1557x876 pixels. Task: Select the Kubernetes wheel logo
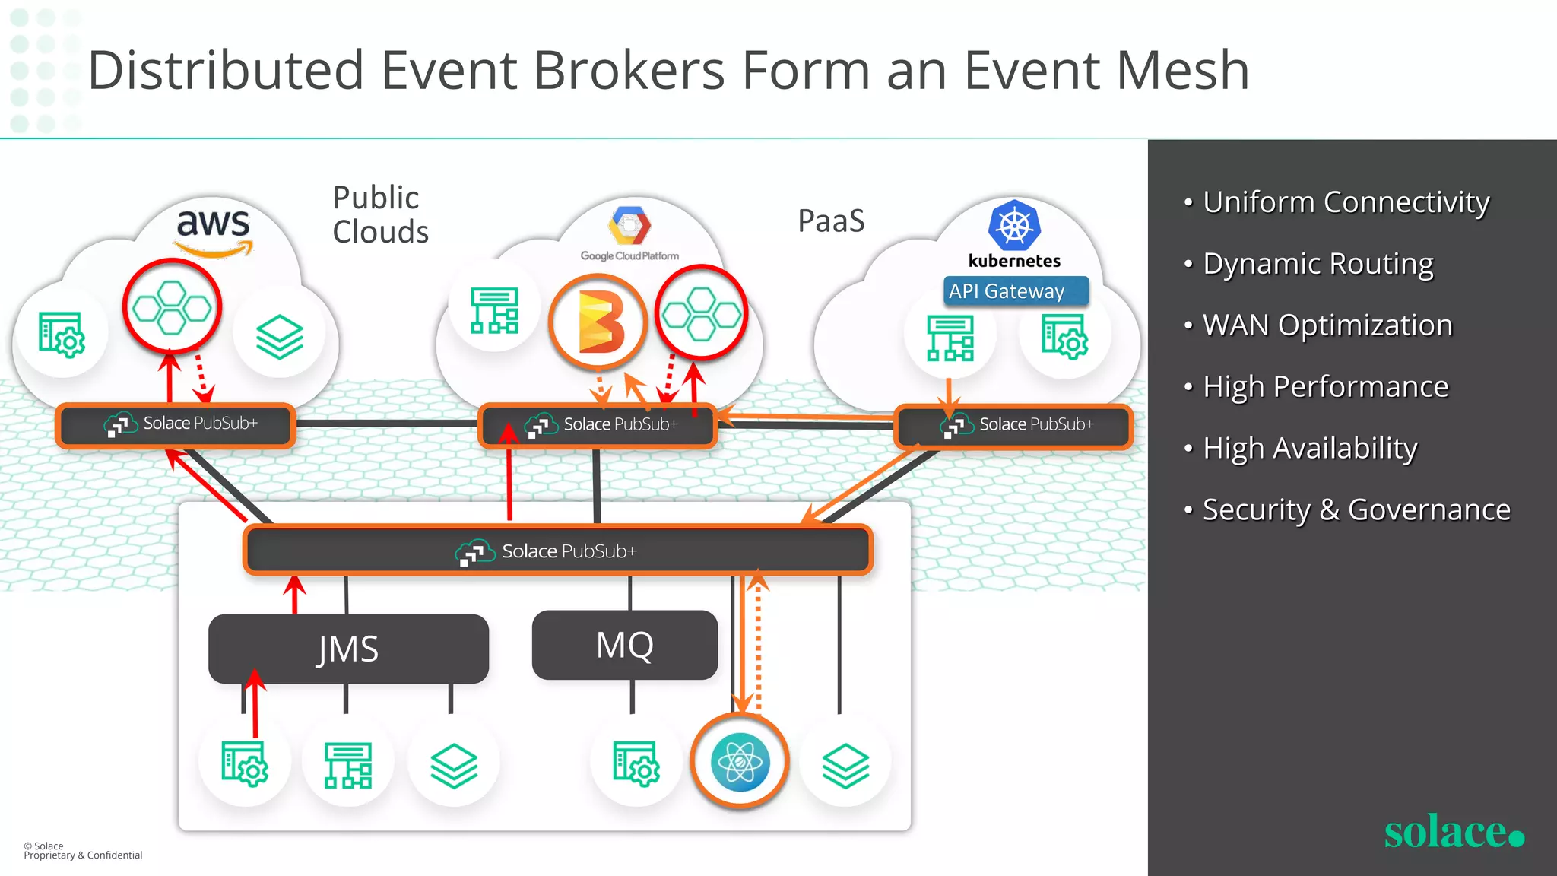click(1014, 226)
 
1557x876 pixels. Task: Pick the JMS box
click(348, 649)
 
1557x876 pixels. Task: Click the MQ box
click(624, 645)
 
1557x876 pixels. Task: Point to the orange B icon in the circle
click(598, 322)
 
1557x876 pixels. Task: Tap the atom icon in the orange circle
click(740, 761)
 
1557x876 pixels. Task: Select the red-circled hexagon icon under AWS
click(172, 306)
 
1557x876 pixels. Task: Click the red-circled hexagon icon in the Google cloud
click(701, 313)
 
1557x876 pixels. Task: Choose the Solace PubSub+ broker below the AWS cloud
click(175, 424)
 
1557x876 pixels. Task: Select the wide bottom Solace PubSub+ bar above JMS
click(557, 551)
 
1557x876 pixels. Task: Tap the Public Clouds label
click(380, 214)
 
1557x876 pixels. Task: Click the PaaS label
click(831, 221)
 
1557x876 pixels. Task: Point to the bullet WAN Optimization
click(1327, 325)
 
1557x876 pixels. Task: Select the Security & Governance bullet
click(1356, 509)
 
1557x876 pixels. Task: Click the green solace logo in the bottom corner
click(1453, 832)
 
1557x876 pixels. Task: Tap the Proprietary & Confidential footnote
click(83, 855)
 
